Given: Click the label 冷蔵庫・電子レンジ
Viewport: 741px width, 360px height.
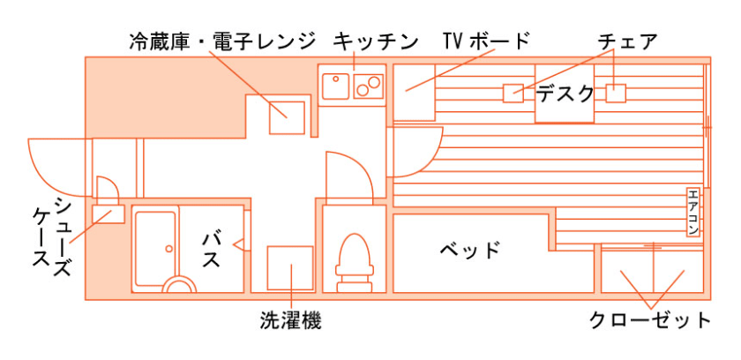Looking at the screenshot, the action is point(221,41).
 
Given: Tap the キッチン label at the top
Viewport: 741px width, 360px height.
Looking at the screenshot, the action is point(375,41).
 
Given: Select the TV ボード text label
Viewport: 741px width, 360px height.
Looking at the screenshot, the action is point(486,41).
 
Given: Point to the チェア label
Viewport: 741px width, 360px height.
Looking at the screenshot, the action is point(627,41).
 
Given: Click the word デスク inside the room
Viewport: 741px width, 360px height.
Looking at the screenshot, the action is point(565,92).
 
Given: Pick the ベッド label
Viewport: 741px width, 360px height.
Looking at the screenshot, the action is point(470,250).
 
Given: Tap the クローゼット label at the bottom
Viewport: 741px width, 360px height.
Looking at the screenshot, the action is point(650,319).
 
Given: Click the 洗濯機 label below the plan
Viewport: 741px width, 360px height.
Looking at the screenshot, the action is point(290,319).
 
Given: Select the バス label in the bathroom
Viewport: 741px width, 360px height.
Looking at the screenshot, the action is point(211,251).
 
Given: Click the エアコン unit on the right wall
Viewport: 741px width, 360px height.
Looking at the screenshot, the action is point(693,213).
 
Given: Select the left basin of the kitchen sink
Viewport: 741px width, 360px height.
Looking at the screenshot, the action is point(336,86).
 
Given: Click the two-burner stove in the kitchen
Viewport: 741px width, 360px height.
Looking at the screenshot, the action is point(368,86).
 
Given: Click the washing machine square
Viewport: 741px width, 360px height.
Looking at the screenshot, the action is point(290,268).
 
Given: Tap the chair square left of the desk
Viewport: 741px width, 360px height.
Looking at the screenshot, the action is point(513,93).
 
